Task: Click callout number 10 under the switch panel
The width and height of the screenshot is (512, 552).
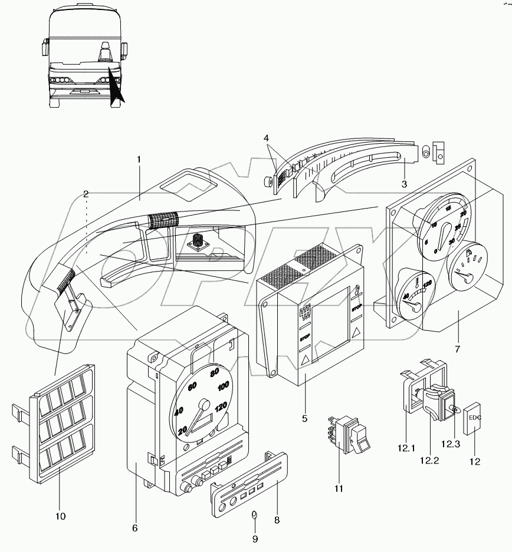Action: [x=60, y=516]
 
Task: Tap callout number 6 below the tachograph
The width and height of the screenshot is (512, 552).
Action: [x=134, y=528]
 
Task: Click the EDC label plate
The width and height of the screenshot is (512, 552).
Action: [x=475, y=418]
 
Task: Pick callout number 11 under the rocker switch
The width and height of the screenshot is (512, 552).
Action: [x=339, y=488]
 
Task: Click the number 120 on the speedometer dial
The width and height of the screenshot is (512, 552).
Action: [x=222, y=406]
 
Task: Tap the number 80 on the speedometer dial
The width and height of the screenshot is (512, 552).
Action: [x=215, y=372]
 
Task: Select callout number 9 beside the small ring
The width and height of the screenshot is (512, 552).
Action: [x=255, y=538]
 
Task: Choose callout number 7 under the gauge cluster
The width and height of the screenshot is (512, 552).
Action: [x=457, y=348]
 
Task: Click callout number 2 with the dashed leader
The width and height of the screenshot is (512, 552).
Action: [x=86, y=193]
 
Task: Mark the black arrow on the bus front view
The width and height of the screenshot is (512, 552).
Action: [x=115, y=85]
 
